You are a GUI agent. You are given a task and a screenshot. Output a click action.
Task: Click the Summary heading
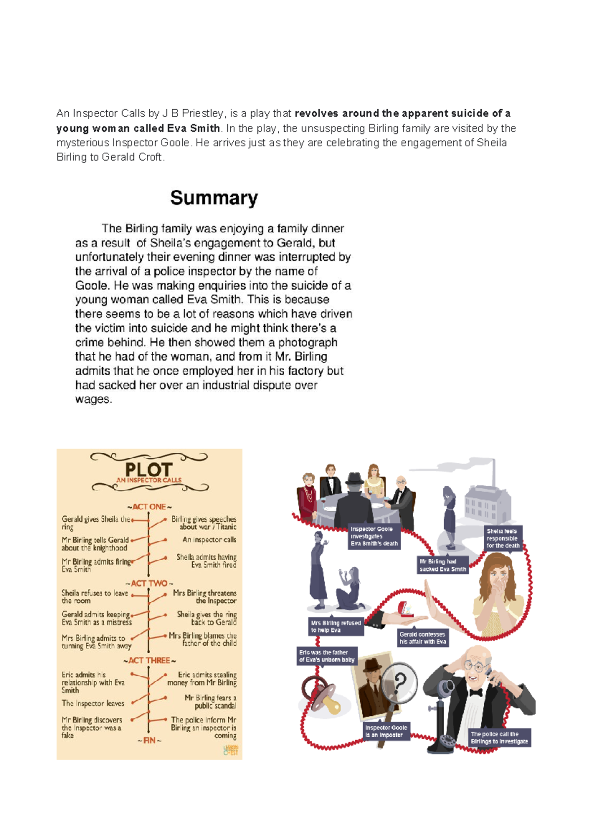pos(214,198)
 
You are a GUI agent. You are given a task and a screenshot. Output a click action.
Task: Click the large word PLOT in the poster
pos(149,469)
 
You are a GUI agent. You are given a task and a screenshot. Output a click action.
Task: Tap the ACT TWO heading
pos(149,584)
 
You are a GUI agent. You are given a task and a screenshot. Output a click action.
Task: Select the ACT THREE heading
pos(149,661)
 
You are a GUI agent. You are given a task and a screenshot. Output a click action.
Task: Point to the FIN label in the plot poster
pos(149,740)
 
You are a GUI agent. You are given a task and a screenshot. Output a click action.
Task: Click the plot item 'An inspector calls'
pos(209,540)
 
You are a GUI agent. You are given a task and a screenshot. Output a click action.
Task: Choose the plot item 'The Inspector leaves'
pos(93,703)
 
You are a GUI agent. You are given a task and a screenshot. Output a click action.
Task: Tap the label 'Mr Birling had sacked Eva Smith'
pos(442,565)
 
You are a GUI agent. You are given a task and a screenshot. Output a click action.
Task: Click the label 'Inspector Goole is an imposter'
pos(386,731)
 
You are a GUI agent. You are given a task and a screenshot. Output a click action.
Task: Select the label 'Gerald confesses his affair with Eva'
pos(422,638)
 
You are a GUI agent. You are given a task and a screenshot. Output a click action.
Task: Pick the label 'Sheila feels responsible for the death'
pos(503,539)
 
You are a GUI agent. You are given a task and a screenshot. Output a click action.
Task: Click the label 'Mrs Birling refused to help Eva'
pos(336,627)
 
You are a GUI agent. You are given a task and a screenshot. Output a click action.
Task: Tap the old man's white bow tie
pos(475,693)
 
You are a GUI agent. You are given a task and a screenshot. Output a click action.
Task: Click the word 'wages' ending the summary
pos(93,399)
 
